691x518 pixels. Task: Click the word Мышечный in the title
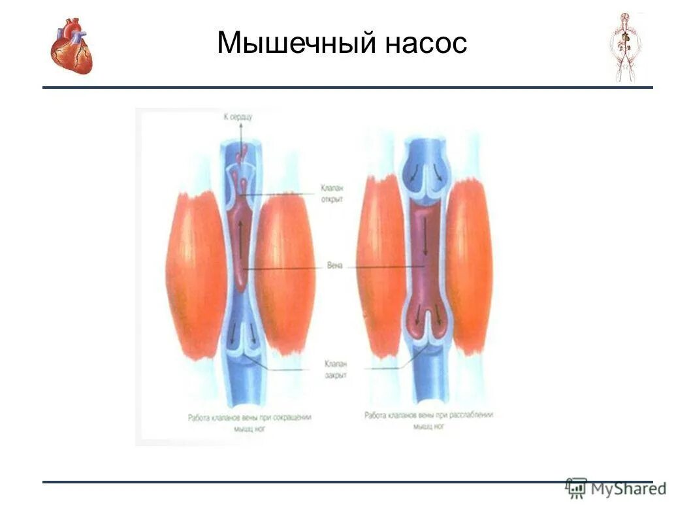click(x=297, y=43)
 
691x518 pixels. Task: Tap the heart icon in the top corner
click(x=72, y=46)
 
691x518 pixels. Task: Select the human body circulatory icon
click(x=625, y=46)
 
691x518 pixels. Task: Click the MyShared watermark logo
click(x=616, y=488)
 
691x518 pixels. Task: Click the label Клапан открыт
click(x=332, y=193)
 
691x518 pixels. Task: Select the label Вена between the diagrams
click(x=334, y=267)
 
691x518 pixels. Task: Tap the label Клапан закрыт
click(x=335, y=370)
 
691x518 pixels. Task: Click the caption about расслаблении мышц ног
click(x=428, y=420)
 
